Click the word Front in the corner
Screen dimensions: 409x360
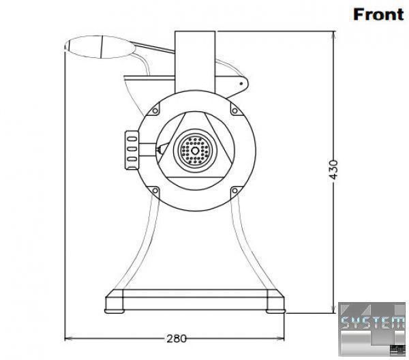click(x=378, y=14)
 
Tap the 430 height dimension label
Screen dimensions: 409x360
click(x=333, y=170)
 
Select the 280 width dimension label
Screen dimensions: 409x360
click(x=177, y=339)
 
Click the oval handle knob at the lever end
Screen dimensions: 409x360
click(x=100, y=47)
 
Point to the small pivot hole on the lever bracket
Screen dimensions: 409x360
click(x=241, y=84)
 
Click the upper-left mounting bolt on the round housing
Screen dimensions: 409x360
click(x=155, y=111)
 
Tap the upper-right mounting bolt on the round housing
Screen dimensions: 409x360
click(x=234, y=111)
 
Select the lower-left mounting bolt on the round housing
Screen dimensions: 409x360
click(x=155, y=190)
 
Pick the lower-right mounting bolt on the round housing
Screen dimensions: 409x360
click(x=234, y=191)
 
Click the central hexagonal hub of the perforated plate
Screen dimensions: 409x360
click(x=194, y=151)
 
